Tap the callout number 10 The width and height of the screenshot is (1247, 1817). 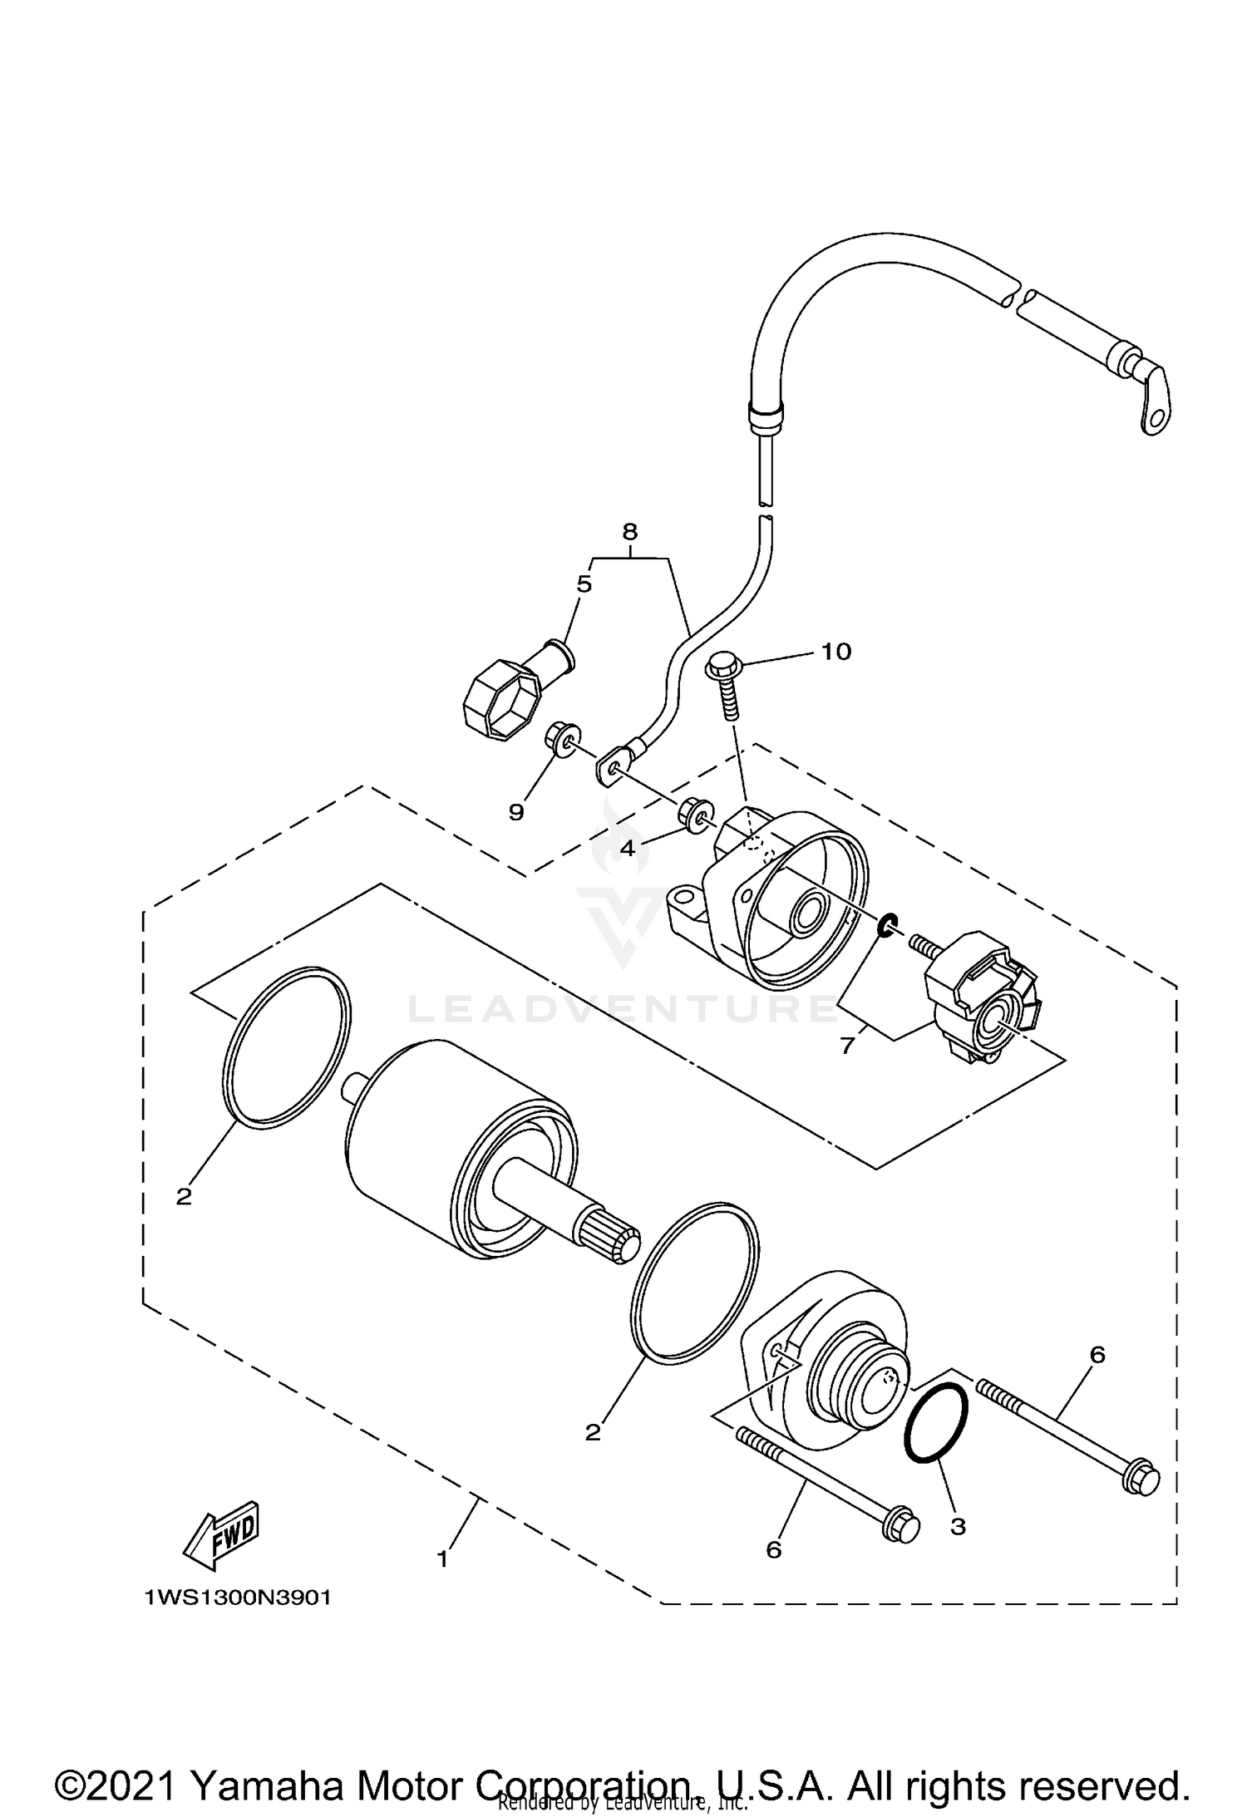836,652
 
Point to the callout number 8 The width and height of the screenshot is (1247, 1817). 629,530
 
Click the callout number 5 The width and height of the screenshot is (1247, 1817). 584,584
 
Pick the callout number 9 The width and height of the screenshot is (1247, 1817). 516,812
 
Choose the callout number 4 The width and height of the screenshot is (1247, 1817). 627,849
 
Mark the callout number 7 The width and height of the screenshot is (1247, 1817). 847,1046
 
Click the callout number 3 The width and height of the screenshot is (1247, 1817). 958,1527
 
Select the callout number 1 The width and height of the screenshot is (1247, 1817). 442,1559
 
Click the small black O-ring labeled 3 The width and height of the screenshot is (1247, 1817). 936,1445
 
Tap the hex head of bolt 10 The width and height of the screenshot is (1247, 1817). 721,666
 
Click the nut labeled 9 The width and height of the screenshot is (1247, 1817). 561,738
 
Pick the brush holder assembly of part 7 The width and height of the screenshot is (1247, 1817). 981,1004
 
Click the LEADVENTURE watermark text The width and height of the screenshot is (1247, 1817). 623,1010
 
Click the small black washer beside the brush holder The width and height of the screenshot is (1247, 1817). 889,924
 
